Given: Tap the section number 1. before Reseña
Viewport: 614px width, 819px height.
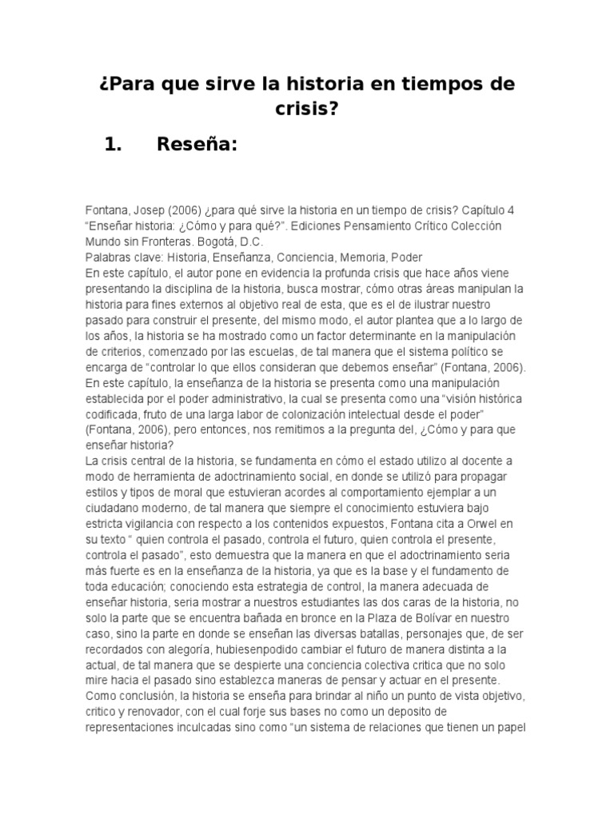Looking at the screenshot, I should point(118,145).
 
